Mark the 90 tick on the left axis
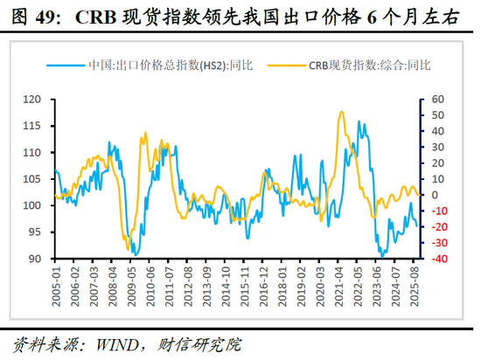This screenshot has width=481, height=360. [x=33, y=259]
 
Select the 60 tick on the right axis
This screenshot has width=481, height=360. [x=437, y=99]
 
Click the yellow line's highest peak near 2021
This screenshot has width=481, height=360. [x=338, y=112]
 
